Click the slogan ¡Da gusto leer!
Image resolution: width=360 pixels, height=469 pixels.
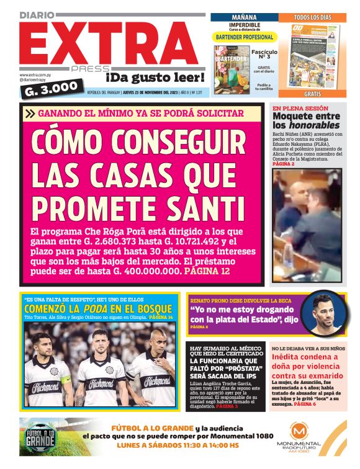coord(155,78)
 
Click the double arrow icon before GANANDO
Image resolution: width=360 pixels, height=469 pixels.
coord(30,113)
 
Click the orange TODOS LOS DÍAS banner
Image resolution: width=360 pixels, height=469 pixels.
coord(312,17)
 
